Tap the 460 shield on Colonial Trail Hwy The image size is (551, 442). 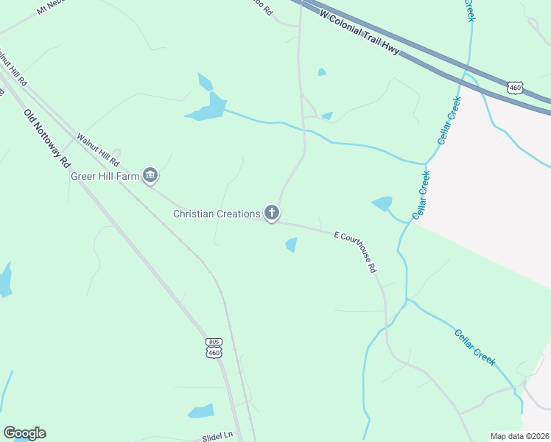point(516,88)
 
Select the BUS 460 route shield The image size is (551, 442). point(214,348)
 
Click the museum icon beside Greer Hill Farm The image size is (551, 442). point(150,175)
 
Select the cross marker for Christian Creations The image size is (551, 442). point(271,214)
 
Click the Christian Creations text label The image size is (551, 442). point(217,214)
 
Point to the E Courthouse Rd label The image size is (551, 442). point(355,252)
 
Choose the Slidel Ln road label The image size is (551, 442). point(217,437)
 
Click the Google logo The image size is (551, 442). point(24,433)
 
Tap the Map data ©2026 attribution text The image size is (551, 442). point(519,436)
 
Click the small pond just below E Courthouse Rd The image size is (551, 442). point(292,245)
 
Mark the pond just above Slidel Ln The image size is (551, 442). point(201,411)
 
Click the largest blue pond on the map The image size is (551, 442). point(210,108)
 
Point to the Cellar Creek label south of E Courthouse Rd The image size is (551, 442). point(474,346)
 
